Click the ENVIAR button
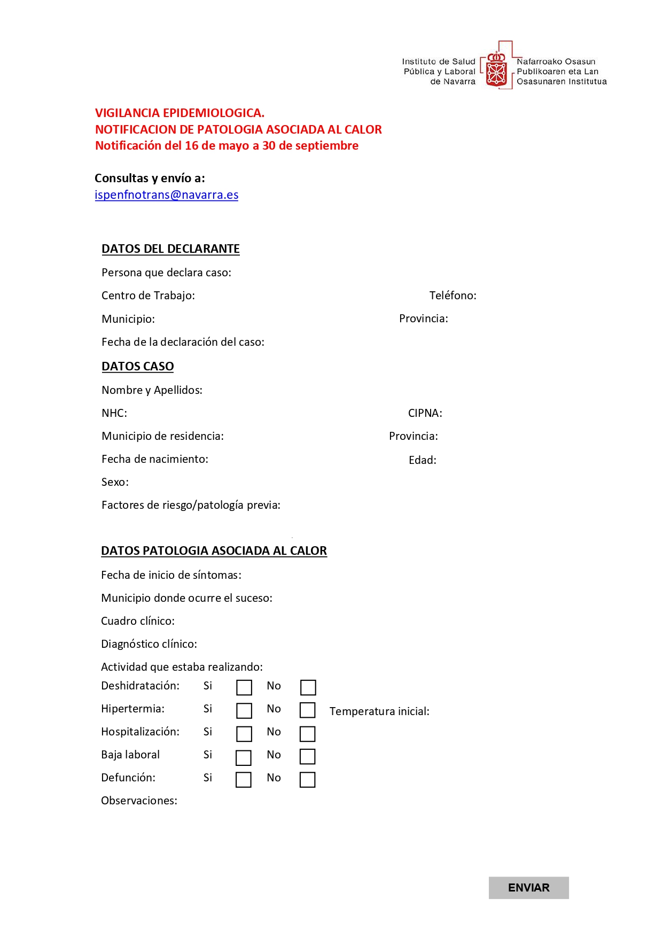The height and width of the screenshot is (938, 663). (x=528, y=887)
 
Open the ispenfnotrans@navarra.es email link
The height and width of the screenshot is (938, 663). (x=166, y=195)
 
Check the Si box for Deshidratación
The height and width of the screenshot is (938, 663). (x=244, y=687)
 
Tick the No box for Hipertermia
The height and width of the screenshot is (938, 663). (x=307, y=710)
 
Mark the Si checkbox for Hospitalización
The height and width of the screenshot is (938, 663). (x=244, y=734)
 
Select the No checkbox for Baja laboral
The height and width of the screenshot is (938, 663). (x=307, y=756)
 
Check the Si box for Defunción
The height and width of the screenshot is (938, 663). (x=244, y=780)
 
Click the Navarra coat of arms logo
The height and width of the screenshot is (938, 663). (x=496, y=69)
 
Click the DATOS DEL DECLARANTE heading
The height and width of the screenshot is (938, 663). (x=170, y=249)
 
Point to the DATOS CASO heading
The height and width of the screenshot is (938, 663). (x=138, y=367)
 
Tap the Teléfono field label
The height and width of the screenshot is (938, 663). (x=453, y=296)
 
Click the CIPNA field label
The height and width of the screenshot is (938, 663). (x=425, y=413)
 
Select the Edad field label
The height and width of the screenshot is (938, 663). (x=422, y=460)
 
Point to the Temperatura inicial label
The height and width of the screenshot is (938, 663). (x=379, y=711)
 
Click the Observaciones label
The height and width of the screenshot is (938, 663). (x=139, y=801)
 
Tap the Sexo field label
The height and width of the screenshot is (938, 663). (x=115, y=482)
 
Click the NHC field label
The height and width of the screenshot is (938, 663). (x=114, y=413)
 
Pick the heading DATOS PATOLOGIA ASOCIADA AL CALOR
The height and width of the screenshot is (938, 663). (x=214, y=551)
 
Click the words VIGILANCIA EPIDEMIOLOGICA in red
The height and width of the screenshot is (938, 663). (x=180, y=113)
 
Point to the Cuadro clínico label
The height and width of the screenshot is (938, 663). (x=138, y=621)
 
